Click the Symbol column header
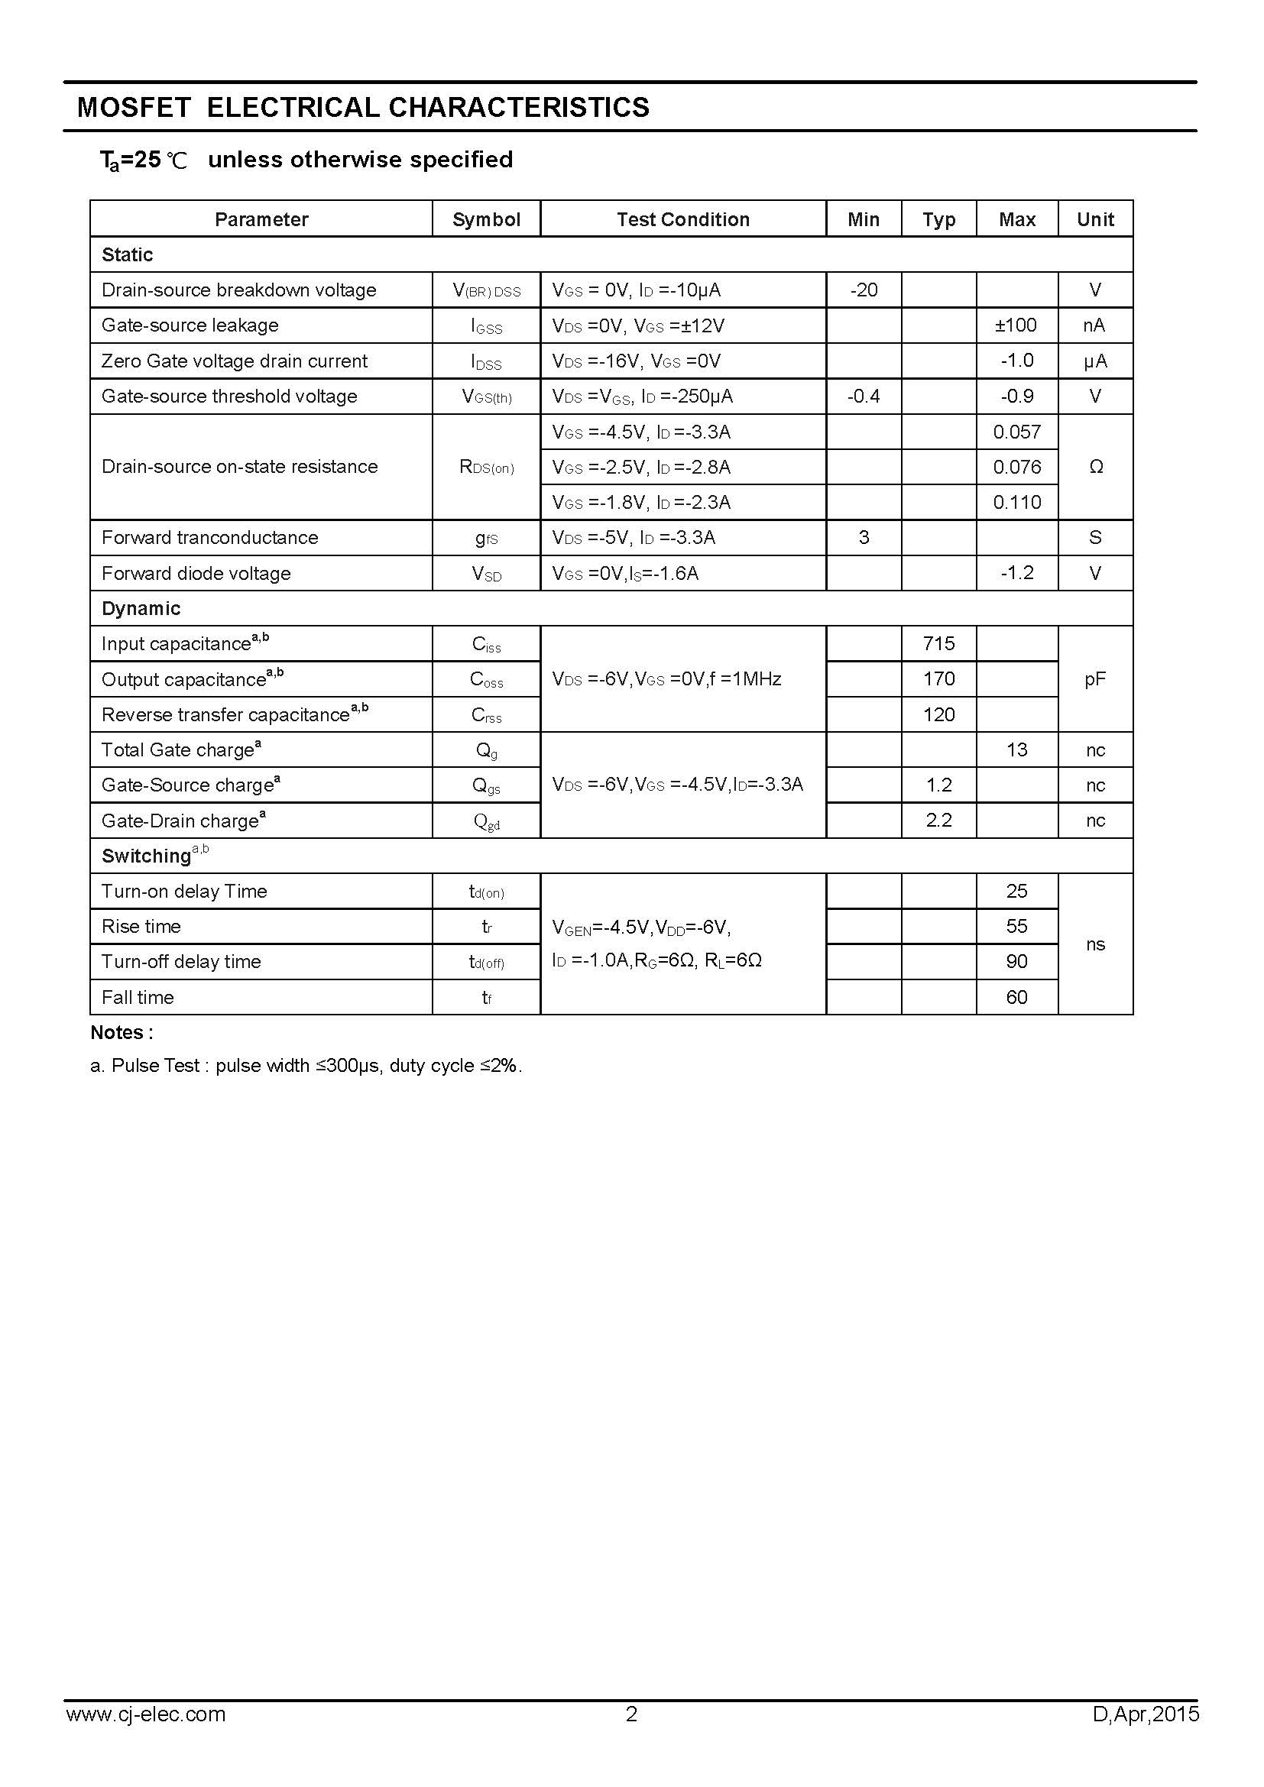coord(486,219)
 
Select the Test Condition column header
coord(682,219)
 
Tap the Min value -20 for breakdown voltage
coord(863,290)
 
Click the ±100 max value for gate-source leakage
coord(1016,325)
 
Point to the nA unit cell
coord(1094,325)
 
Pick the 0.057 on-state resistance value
coord(1016,432)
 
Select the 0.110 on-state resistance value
coord(1016,503)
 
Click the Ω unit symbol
coord(1095,467)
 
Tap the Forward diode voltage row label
coord(196,574)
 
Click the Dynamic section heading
coord(141,609)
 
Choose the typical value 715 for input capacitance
coord(938,643)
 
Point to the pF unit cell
coord(1094,679)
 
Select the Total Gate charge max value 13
coord(1016,750)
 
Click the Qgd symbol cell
coord(487,821)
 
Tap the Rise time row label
coord(141,927)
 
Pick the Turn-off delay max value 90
coord(1016,962)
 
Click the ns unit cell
coord(1094,945)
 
